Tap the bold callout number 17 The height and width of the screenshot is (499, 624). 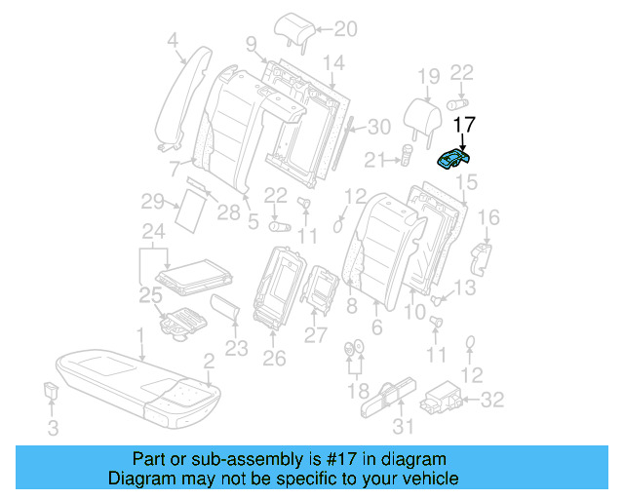pos(465,125)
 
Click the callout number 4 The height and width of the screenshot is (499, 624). pos(173,41)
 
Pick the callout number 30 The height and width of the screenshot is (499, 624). pos(379,127)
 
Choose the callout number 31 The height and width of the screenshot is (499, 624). pos(402,426)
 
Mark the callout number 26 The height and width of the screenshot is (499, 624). pos(274,359)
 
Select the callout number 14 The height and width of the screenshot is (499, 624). pos(333,65)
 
